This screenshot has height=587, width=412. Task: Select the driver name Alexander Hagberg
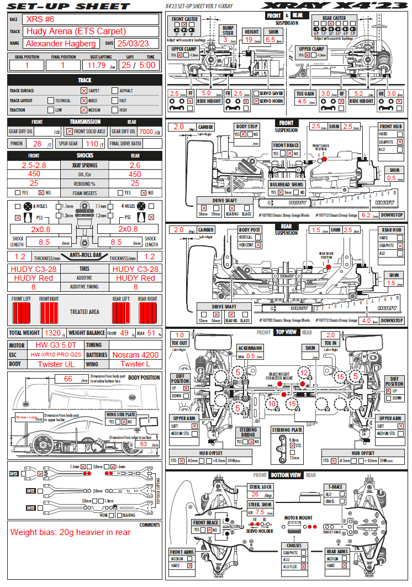click(61, 43)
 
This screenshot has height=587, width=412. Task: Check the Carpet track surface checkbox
click(84, 91)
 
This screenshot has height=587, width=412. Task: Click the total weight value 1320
click(52, 333)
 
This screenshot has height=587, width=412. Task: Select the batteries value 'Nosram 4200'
click(135, 355)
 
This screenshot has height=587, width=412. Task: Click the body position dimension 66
click(68, 379)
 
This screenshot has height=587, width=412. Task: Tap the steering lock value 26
click(255, 495)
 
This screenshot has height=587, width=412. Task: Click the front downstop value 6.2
click(365, 215)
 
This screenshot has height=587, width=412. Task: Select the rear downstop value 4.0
click(365, 321)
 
